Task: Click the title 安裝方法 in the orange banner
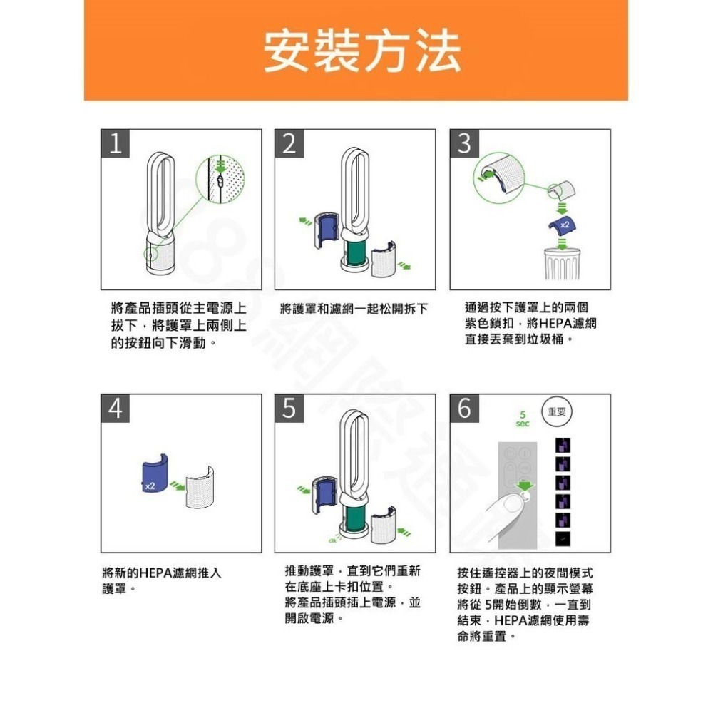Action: [361, 51]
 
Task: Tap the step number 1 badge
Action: [115, 145]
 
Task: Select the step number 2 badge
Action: [288, 145]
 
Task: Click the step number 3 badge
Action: [463, 145]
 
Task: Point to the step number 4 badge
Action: [115, 409]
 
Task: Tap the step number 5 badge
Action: [288, 409]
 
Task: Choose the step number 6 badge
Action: [463, 409]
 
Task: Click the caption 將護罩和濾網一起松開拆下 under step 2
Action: [354, 309]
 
